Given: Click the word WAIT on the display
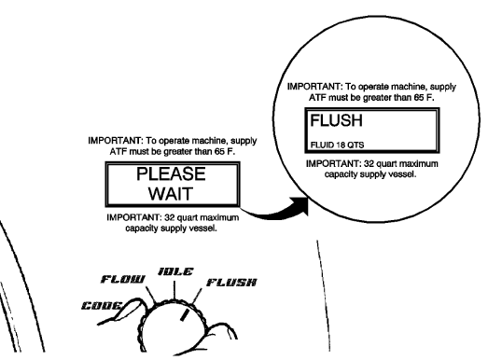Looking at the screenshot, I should point(172,196).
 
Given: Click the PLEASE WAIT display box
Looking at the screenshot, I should point(172,186).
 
